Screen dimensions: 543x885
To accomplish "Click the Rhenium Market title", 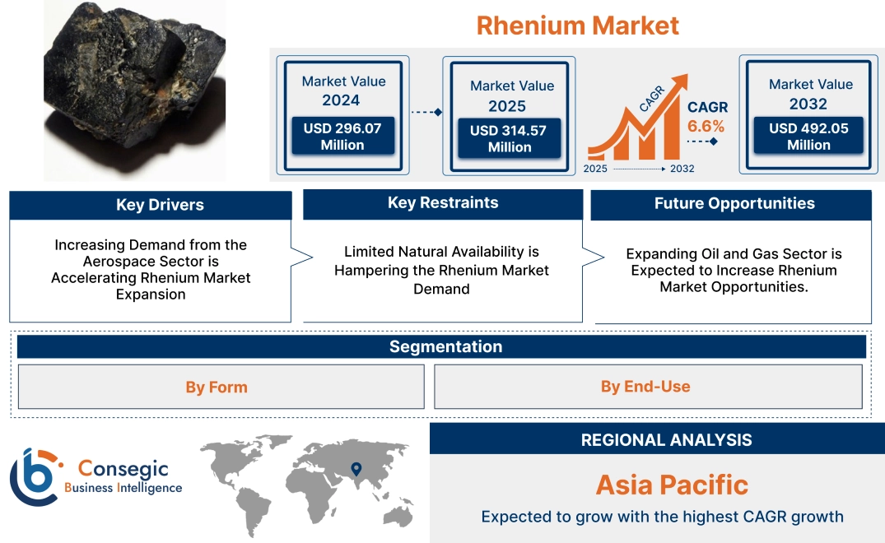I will (x=577, y=26).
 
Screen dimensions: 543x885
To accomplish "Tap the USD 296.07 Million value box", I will (x=342, y=137).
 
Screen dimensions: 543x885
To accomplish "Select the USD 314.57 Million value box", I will (x=509, y=138).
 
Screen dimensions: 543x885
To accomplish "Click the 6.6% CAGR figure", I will (x=706, y=126).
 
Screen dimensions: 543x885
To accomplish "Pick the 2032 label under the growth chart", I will (x=682, y=169).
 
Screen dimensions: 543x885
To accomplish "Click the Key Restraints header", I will (x=443, y=203).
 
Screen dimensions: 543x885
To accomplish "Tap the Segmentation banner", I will (x=445, y=346).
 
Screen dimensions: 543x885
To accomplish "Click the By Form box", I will (x=217, y=387).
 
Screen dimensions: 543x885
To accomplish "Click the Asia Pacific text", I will (x=672, y=485).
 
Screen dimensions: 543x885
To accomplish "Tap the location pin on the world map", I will (x=356, y=469).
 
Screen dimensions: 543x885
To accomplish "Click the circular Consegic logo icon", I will (x=34, y=477).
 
